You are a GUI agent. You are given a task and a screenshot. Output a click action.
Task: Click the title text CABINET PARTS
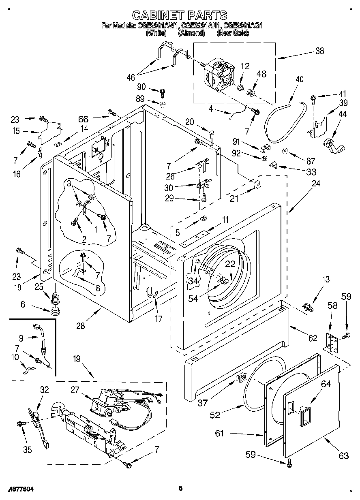(180, 15)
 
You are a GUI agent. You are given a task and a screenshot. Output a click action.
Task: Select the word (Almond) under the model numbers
(191, 33)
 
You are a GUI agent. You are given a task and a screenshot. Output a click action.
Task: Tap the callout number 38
(319, 51)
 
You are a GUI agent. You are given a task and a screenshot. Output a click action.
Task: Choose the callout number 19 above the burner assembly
(77, 358)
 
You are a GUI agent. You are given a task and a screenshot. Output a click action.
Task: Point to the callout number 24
(316, 183)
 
